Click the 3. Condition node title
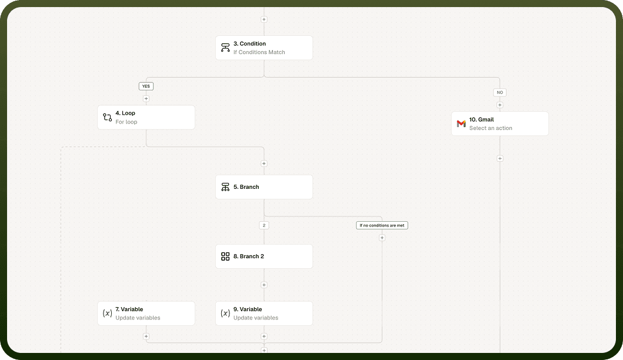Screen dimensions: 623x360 (249, 44)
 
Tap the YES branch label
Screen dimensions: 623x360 (146, 86)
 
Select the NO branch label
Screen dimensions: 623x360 (500, 92)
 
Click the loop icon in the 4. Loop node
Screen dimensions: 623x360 (107, 117)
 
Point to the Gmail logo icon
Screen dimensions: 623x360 (461, 124)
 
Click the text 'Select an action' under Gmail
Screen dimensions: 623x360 (491, 128)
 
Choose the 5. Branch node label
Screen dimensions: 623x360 (246, 186)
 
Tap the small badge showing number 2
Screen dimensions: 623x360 (264, 225)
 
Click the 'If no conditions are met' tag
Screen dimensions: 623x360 (382, 225)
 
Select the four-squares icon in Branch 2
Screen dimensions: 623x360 (225, 256)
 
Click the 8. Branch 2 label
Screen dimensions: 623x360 (249, 256)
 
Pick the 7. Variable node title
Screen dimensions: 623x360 (129, 309)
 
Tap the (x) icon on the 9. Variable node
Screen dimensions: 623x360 (225, 313)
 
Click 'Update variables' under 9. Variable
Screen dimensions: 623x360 (256, 318)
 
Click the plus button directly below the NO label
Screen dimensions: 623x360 (500, 105)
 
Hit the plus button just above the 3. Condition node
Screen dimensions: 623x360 (264, 19)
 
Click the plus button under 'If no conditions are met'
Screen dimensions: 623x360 (382, 238)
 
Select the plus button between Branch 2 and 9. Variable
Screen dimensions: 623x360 (264, 285)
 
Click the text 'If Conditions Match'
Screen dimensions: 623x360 (259, 52)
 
